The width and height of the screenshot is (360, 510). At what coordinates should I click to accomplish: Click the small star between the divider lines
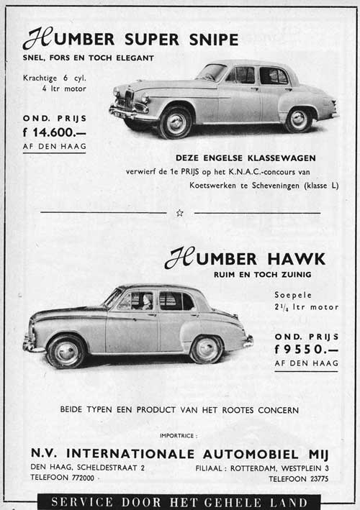[x=179, y=213]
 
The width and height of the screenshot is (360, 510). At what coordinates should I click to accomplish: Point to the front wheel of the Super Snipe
[x=175, y=123]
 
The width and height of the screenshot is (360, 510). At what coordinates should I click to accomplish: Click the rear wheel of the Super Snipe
[x=298, y=119]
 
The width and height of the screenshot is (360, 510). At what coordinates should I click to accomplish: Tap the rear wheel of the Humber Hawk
[x=207, y=349]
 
